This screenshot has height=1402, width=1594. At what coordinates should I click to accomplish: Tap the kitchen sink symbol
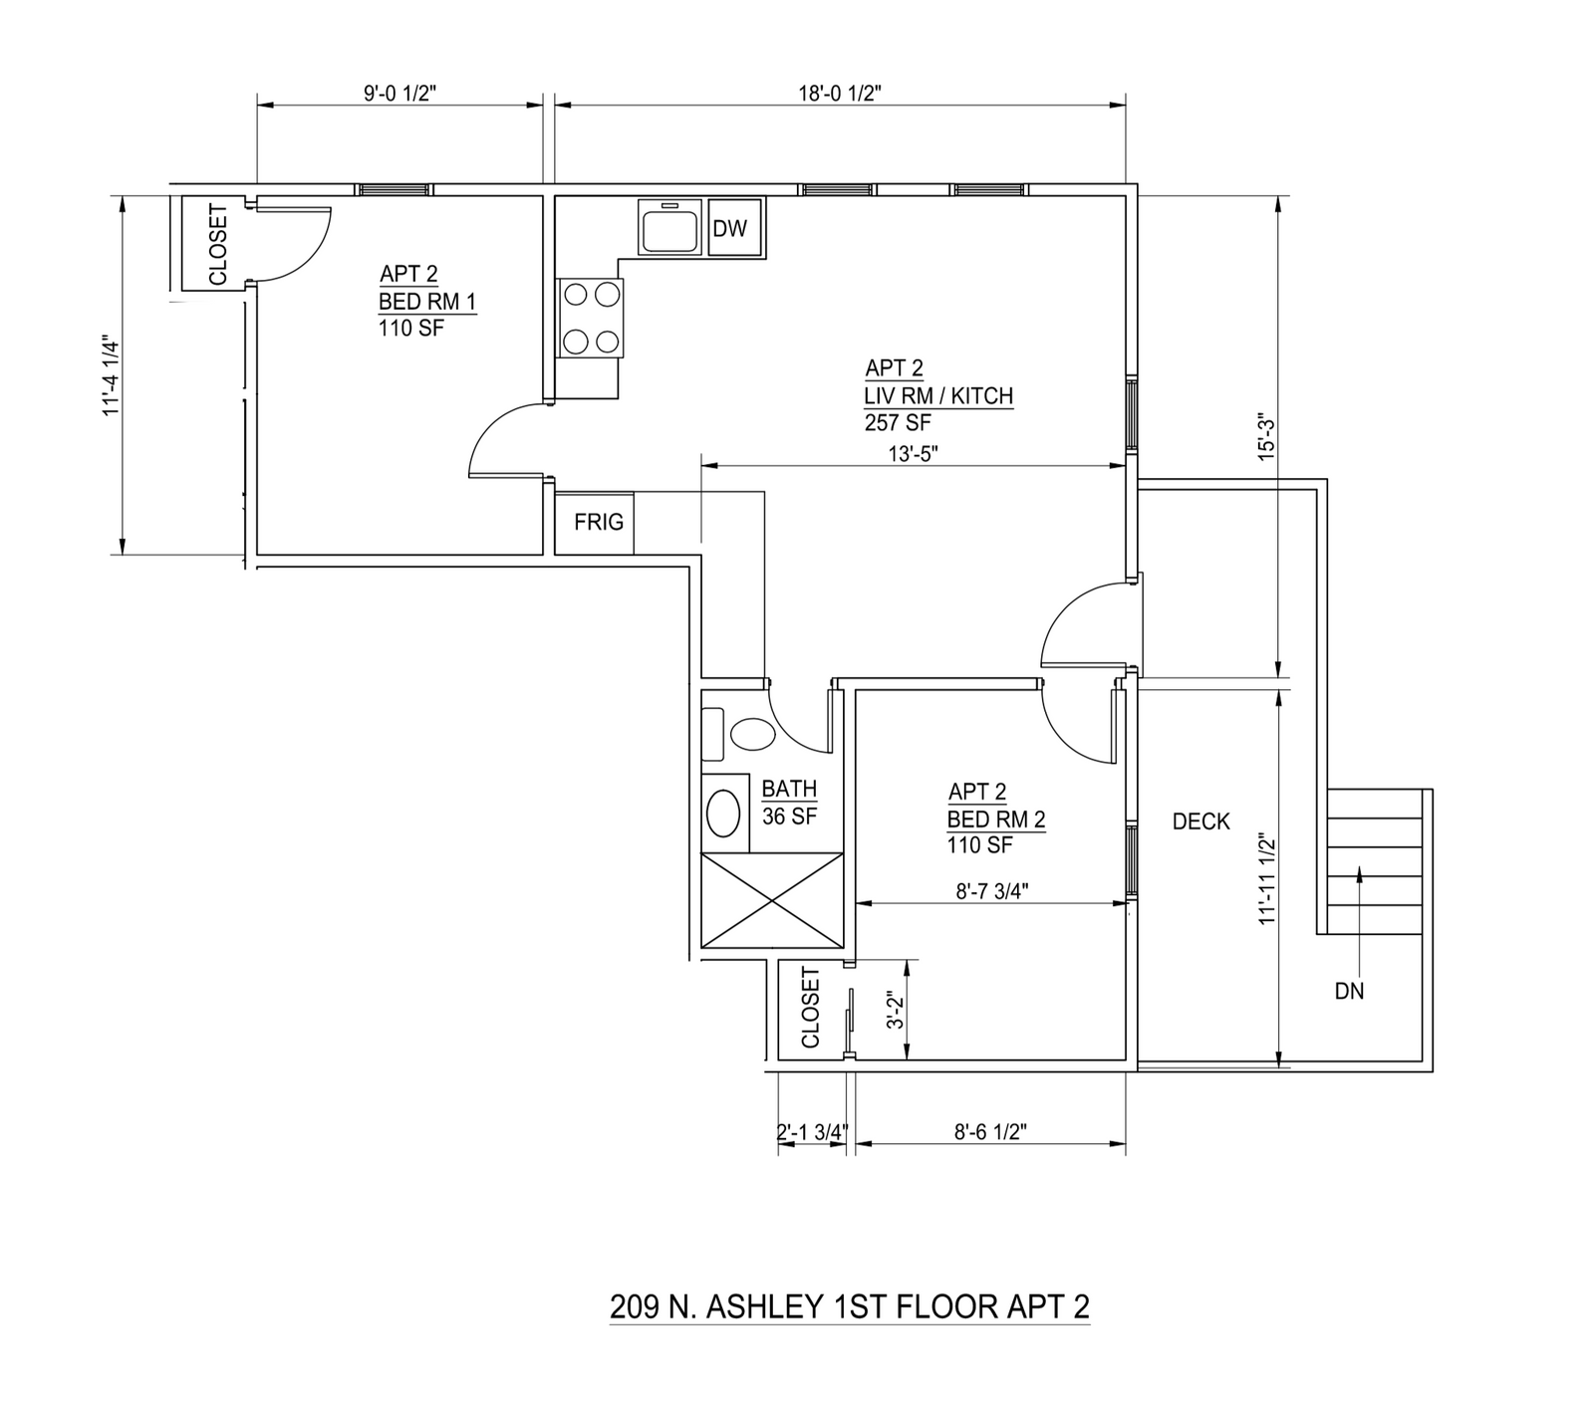click(x=670, y=228)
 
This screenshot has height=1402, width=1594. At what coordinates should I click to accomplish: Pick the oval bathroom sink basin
click(x=723, y=813)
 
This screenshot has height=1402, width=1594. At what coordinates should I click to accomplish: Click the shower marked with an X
click(x=773, y=901)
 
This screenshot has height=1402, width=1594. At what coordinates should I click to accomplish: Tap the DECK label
click(x=1200, y=821)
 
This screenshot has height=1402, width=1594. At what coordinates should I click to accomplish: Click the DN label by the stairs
click(x=1349, y=991)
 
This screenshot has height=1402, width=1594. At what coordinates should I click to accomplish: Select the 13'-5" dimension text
click(x=914, y=453)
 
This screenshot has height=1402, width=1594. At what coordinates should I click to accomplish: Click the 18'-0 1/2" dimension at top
click(x=841, y=94)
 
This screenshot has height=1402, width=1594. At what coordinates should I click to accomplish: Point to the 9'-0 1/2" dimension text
click(x=399, y=94)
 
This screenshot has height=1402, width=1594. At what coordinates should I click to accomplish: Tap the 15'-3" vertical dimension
click(x=1266, y=436)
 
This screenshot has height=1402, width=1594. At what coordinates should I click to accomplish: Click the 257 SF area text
click(x=898, y=423)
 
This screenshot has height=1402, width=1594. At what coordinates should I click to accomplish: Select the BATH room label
click(x=789, y=789)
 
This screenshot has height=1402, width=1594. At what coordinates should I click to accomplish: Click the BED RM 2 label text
click(x=995, y=819)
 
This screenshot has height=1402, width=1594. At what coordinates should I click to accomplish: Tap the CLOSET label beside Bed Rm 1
click(x=218, y=245)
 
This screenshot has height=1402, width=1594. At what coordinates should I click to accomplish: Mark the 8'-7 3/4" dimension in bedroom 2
click(x=991, y=891)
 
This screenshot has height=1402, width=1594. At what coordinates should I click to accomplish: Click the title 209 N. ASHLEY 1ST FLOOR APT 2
click(x=850, y=1305)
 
